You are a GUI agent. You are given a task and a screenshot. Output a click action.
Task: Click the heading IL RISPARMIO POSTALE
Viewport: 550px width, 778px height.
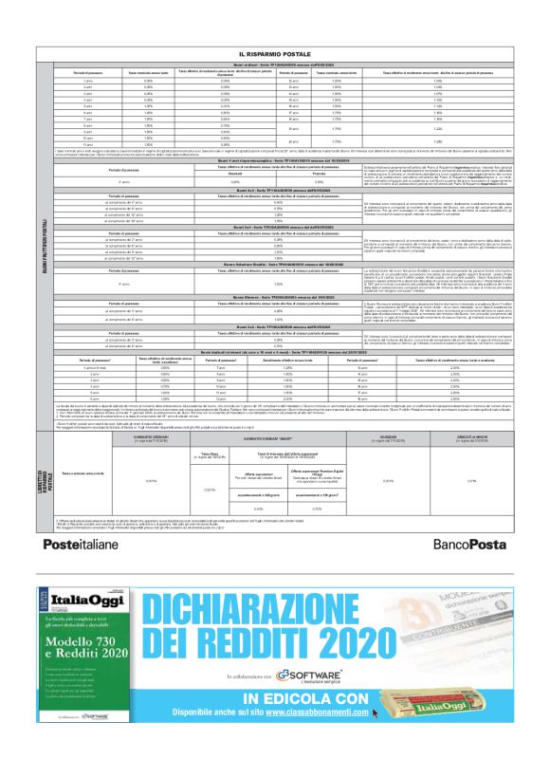275,56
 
